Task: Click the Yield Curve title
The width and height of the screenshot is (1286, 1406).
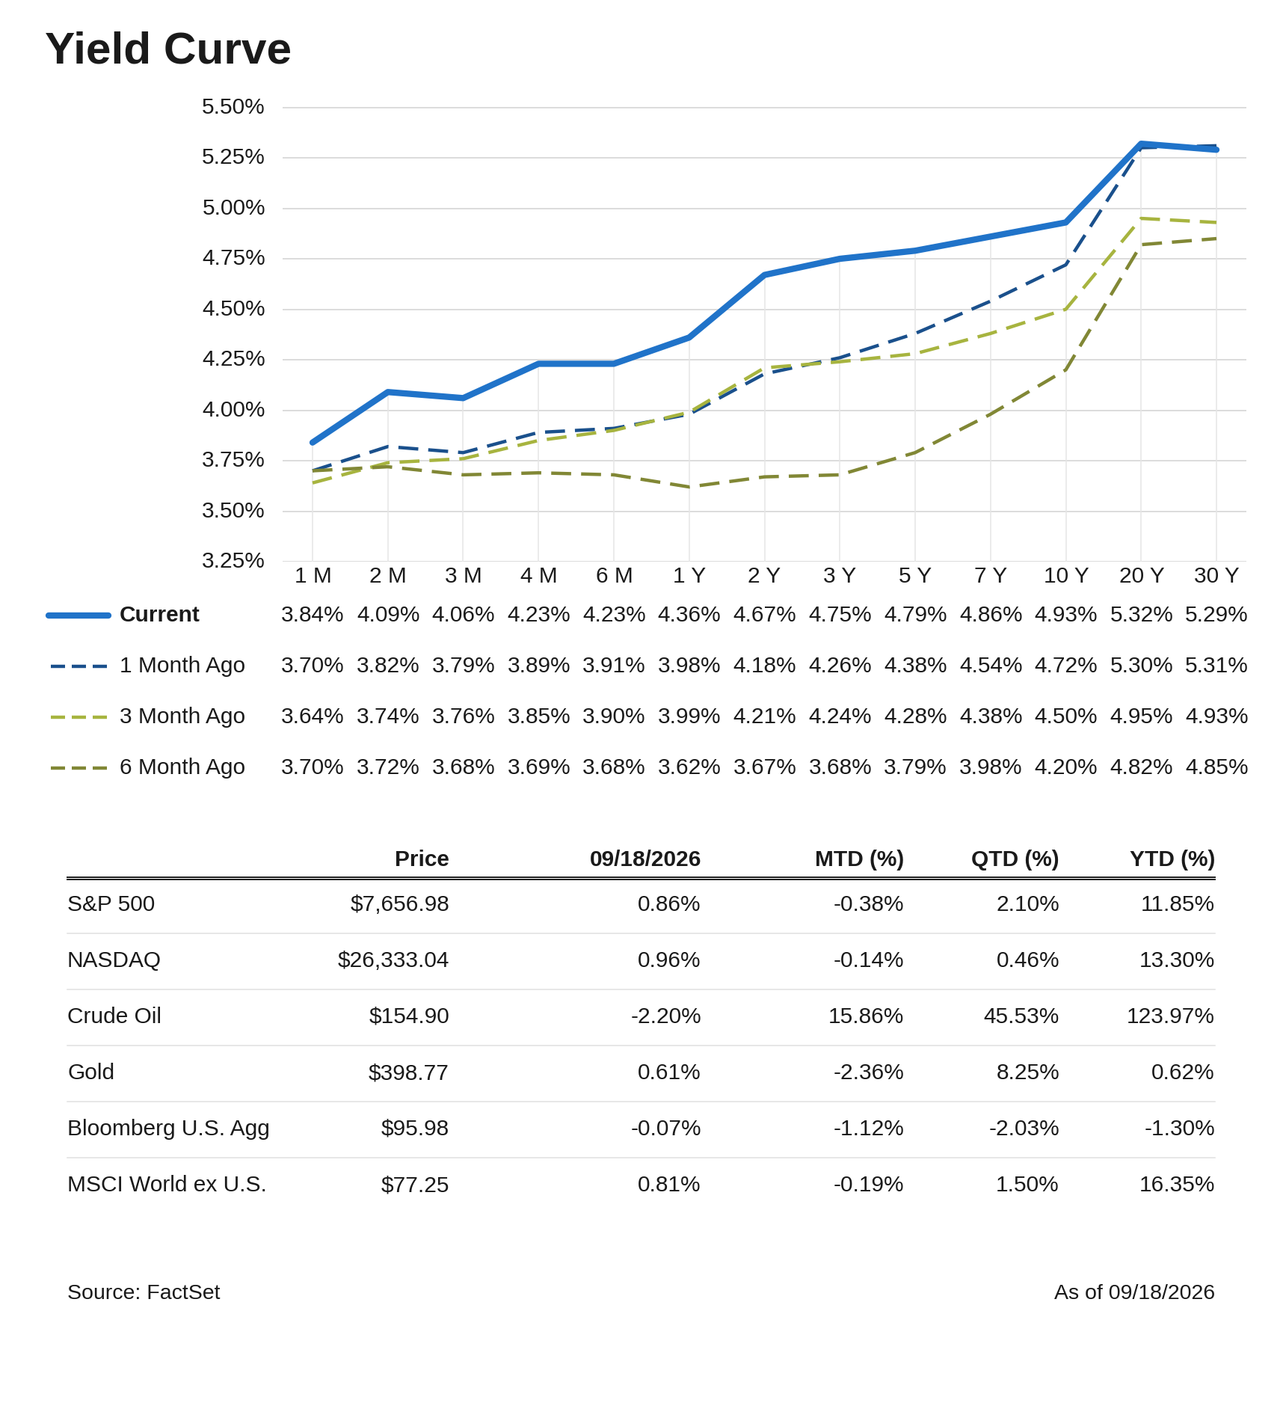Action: coord(168,49)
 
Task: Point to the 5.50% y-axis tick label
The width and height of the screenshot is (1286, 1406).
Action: coord(233,107)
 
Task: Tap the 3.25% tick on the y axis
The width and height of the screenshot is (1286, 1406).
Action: coord(233,561)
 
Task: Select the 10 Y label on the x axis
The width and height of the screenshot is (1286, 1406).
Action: coord(1065,576)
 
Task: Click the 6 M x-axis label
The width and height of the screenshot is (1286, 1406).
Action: coord(614,576)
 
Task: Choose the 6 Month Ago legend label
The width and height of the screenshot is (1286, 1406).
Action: coord(182,767)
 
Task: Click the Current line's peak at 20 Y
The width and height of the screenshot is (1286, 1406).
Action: coord(1141,144)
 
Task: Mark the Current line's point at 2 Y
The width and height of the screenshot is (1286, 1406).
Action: coord(764,274)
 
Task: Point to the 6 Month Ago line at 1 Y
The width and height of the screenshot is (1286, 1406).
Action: coord(689,487)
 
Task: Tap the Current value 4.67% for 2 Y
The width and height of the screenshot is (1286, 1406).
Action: coord(764,615)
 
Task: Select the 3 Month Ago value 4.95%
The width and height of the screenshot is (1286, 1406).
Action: coord(1141,716)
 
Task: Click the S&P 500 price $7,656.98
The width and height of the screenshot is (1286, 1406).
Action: coord(399,904)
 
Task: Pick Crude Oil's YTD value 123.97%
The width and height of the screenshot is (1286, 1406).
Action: coord(1170,1016)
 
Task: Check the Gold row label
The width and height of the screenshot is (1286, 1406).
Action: coord(90,1072)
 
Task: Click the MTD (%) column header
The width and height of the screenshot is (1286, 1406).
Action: coord(859,859)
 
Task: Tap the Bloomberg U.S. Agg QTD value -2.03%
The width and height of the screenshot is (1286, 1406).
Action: coord(1024,1129)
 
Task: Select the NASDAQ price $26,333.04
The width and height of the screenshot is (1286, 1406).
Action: coord(393,960)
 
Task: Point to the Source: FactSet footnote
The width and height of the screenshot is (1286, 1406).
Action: coord(144,1293)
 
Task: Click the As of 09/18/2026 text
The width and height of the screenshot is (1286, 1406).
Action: coord(1134,1293)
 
